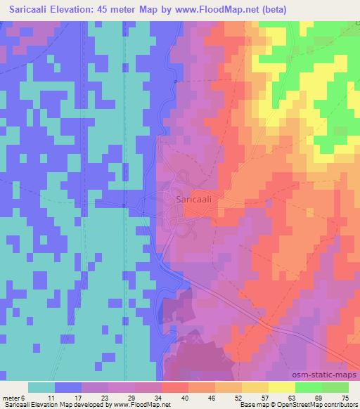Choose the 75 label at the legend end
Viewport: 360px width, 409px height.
[x=345, y=398]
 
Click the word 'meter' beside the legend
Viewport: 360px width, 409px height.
[x=12, y=398]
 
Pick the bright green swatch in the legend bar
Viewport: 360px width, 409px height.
[x=309, y=387]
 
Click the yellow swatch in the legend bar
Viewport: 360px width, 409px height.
[x=282, y=387]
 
